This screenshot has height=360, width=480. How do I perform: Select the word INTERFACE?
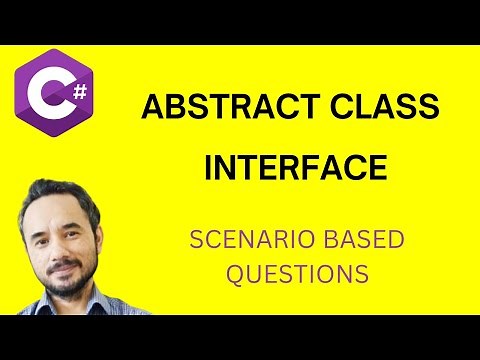click(x=295, y=166)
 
